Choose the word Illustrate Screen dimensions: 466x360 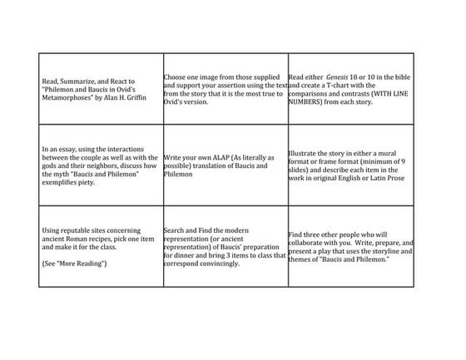305,154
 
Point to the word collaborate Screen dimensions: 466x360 307,243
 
